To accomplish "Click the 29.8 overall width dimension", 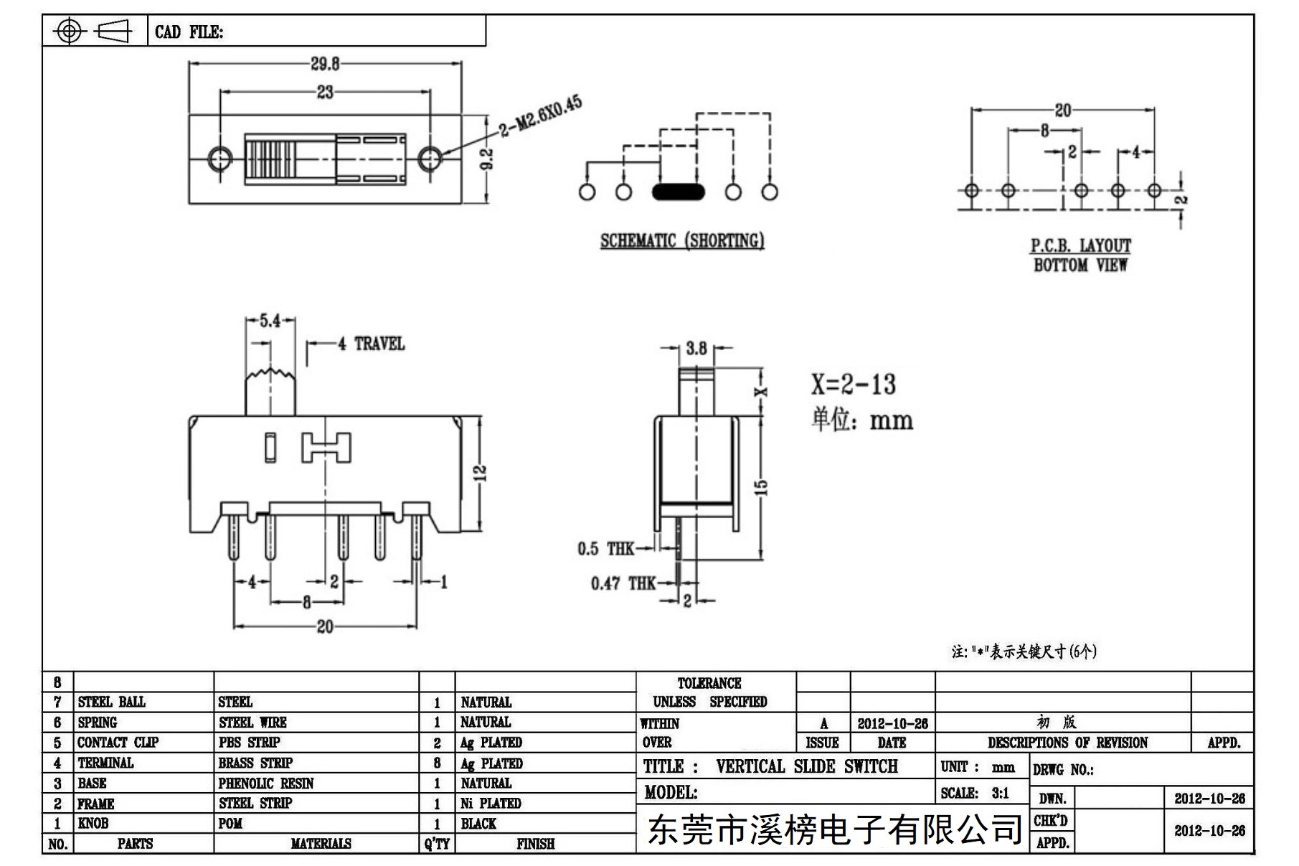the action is tap(325, 64).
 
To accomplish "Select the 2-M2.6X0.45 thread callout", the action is tap(541, 116).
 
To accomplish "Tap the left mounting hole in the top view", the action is tap(219, 158).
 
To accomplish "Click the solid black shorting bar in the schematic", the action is tap(678, 192).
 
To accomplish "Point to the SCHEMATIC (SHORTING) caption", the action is tap(682, 240).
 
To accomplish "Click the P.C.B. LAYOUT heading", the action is tap(1081, 245).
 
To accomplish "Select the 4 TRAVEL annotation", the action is tap(372, 344).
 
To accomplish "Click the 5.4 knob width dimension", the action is tap(270, 321).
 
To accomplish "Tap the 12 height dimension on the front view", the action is tap(481, 473).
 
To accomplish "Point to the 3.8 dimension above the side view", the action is tap(696, 349).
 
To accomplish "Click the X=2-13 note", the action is tap(854, 385).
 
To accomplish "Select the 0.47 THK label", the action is tap(623, 583).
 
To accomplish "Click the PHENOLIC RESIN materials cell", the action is tap(266, 783).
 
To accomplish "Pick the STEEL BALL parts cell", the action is tap(111, 702).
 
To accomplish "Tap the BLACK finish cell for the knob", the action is tap(478, 824).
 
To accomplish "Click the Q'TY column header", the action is tap(437, 844).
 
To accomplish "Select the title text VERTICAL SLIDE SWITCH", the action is tap(807, 766).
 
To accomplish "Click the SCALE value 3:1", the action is tap(1000, 793).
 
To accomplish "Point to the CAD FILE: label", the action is tap(189, 32).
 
